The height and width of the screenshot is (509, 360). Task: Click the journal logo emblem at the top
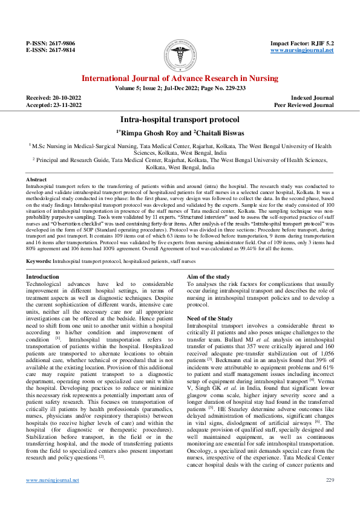[180, 54]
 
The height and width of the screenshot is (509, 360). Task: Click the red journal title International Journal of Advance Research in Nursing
[180, 79]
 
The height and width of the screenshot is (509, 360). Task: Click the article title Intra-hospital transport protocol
[180, 120]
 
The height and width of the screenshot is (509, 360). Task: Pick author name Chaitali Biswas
[221, 132]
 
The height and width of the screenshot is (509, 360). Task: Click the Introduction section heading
[42, 276]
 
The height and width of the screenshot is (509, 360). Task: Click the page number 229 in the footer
[329, 480]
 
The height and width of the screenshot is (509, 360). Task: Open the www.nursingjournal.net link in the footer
[52, 480]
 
